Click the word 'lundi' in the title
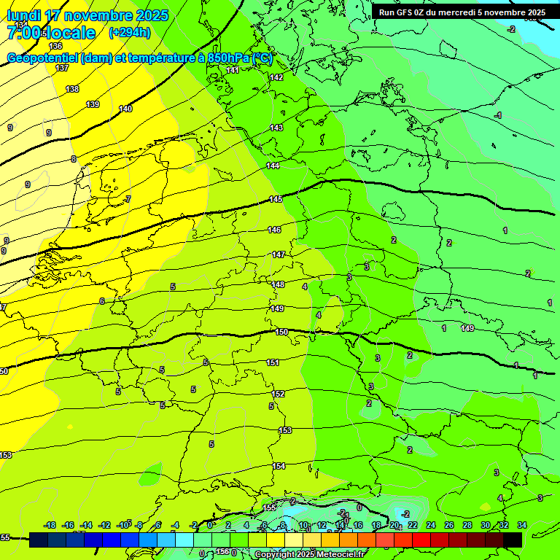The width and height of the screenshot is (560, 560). pos(23,15)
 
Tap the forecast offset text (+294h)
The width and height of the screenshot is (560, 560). pos(129,33)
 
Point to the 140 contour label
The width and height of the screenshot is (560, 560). pos(125,109)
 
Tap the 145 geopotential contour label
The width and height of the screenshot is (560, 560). pos(276,199)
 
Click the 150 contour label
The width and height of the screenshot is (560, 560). pos(281,332)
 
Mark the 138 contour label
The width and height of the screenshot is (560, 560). pos(72,89)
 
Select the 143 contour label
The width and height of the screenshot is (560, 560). pos(276,128)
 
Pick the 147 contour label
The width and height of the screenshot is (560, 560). pos(279,254)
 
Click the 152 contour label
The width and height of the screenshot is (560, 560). pos(279,394)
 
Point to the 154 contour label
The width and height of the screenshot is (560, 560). pos(279,466)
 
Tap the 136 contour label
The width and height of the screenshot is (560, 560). pos(55,46)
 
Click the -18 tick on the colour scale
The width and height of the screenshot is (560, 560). pos(50,526)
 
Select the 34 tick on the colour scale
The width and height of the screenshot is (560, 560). pos(522,526)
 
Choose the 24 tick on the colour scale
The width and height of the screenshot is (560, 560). pos(431,526)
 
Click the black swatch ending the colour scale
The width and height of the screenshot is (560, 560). pos(513,540)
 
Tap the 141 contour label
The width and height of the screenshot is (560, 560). pos(233,70)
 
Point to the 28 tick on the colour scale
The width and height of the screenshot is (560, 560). pos(467,526)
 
